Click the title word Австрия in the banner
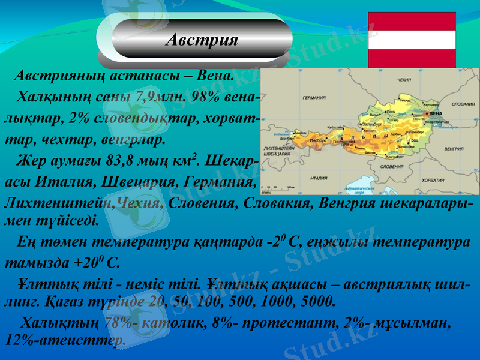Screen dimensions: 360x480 tap(202, 40)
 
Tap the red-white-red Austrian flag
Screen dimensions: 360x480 tap(412, 40)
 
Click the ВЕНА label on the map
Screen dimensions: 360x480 tap(436, 113)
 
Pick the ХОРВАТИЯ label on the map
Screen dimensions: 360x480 tap(433, 179)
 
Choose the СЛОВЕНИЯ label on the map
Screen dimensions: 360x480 tap(392, 167)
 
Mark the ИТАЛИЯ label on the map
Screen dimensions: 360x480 tap(319, 178)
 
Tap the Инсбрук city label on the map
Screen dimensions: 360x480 tap(318, 140)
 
